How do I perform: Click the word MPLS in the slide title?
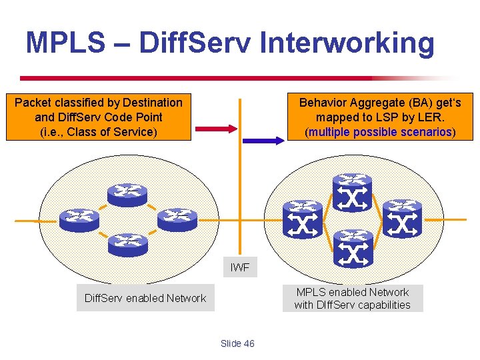(65, 43)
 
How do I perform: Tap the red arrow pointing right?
(214, 128)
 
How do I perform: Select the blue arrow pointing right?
(263, 141)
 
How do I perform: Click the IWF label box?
(239, 267)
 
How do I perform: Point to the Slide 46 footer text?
(237, 343)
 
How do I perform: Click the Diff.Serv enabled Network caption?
(145, 298)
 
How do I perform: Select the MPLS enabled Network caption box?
(352, 299)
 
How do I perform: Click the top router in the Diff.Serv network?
(127, 192)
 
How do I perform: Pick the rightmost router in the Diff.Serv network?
(177, 217)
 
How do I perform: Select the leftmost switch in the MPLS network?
(303, 219)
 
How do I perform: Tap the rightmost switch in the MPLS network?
(403, 218)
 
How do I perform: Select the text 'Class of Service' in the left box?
(111, 132)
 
